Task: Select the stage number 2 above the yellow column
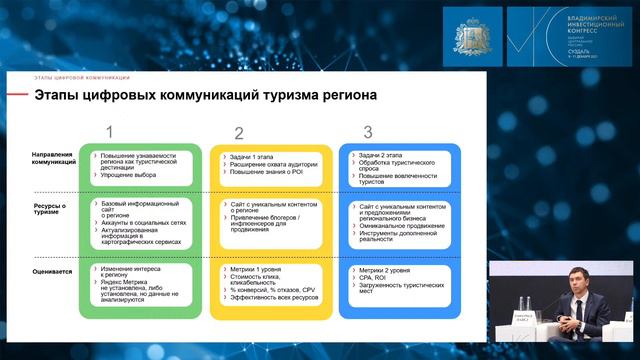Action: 239,133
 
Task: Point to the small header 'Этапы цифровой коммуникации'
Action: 83,77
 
